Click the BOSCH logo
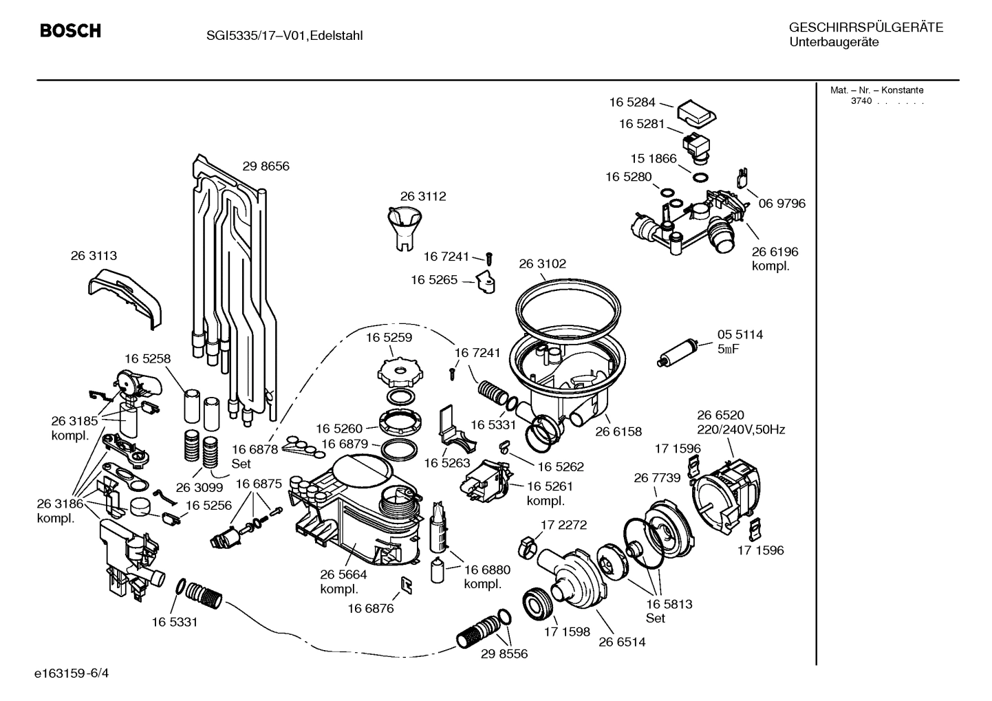pyautogui.click(x=70, y=31)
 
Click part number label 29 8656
pyautogui.click(x=266, y=166)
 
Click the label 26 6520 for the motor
pyautogui.click(x=720, y=415)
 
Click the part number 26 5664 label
pyautogui.click(x=343, y=574)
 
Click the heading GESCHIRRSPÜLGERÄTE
pyautogui.click(x=865, y=28)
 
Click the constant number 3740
pyautogui.click(x=861, y=101)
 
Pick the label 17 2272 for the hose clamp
pyautogui.click(x=563, y=524)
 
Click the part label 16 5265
pyautogui.click(x=434, y=280)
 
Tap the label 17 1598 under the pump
pyautogui.click(x=567, y=631)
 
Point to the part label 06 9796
pyautogui.click(x=781, y=204)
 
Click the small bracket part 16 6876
pyautogui.click(x=407, y=585)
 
